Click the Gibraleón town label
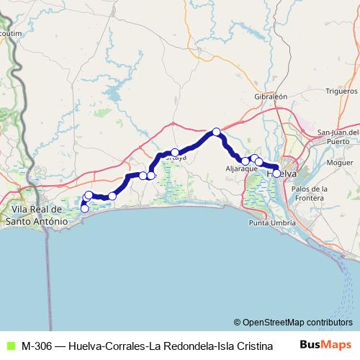pyautogui.click(x=271, y=96)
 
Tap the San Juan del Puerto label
pyautogui.click(x=338, y=136)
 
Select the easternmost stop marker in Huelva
pyautogui.click(x=276, y=173)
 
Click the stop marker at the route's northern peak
pyautogui.click(x=216, y=131)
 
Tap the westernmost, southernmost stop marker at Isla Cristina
pyautogui.click(x=84, y=209)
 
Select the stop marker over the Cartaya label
pyautogui.click(x=175, y=152)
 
